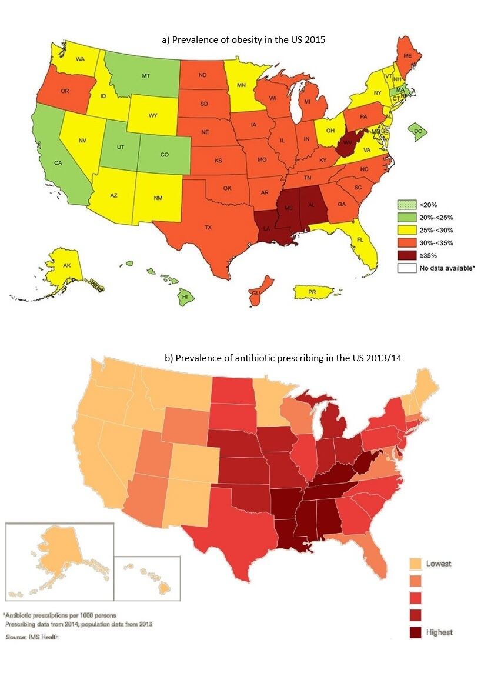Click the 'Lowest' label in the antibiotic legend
tap(439, 564)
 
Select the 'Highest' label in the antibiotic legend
tap(439, 632)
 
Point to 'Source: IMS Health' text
tap(32, 637)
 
